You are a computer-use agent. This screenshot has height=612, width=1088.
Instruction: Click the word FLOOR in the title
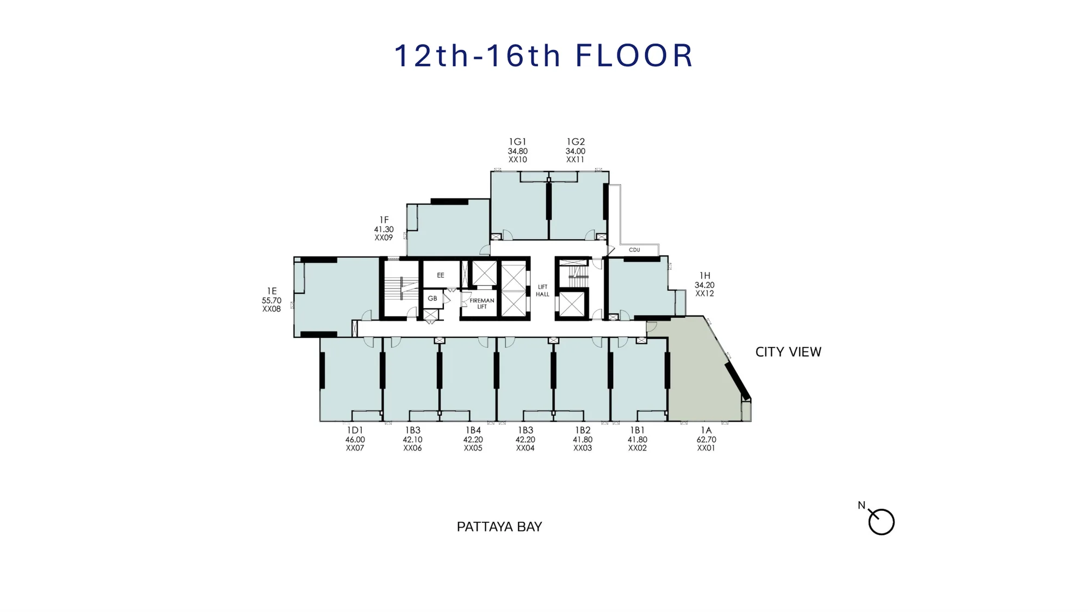point(634,55)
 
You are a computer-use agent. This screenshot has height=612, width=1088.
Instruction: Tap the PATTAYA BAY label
point(499,527)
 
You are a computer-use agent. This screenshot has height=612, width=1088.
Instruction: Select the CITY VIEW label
point(788,352)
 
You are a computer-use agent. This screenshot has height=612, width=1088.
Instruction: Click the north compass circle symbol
point(881,522)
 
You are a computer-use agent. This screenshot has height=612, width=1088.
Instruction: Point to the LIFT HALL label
point(542,290)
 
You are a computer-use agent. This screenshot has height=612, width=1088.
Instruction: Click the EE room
point(441,275)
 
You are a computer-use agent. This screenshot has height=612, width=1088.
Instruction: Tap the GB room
point(432,298)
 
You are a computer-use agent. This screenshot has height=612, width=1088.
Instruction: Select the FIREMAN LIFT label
point(482,304)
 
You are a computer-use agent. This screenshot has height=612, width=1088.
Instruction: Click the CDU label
point(634,250)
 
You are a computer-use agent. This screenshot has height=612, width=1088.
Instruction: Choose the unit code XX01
point(706,448)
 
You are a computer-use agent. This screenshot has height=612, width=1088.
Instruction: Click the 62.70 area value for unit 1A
point(706,440)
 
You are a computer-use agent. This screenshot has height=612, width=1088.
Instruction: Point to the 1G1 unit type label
point(517,142)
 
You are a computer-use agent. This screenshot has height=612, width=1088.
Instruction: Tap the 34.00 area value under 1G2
point(575,151)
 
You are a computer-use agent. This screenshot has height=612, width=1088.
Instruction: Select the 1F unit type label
point(384,220)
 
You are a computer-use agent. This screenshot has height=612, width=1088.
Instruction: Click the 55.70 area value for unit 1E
point(271,300)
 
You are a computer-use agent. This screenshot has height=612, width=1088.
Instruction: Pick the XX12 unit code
point(704,294)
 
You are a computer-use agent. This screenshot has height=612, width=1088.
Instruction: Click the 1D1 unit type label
point(355,430)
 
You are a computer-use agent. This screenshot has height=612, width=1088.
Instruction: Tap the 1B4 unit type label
point(473,430)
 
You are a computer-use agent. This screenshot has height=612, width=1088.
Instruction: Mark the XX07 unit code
point(355,448)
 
